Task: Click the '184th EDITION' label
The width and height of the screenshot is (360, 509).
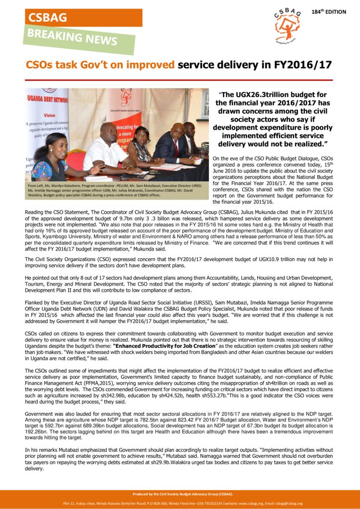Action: [329, 11]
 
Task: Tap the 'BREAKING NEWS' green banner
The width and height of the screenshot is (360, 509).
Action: [79, 38]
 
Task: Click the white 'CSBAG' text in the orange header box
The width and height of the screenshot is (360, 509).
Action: [48, 17]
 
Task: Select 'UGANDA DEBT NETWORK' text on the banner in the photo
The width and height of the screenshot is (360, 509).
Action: [48, 99]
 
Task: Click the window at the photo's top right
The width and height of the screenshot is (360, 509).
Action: [205, 104]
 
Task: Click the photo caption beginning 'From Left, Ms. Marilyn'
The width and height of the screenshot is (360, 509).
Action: [117, 191]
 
